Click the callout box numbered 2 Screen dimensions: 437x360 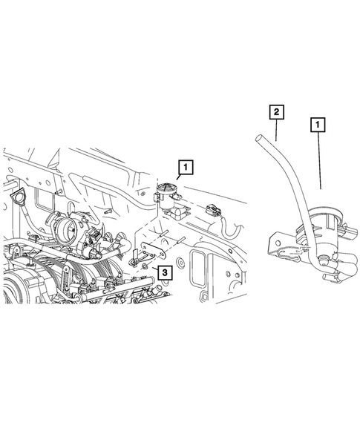[275, 113]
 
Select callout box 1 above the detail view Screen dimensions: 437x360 [317, 127]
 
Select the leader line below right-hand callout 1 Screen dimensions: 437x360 [320, 163]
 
